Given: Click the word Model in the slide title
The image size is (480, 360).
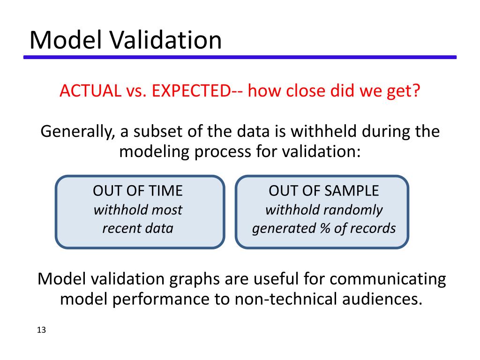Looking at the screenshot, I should tap(65, 40).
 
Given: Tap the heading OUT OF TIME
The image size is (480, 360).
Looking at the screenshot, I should tap(138, 191).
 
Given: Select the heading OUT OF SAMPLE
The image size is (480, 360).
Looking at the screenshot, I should tap(323, 191).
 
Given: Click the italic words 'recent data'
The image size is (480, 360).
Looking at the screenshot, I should tap(138, 228).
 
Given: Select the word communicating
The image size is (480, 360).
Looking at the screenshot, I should tap(388, 279).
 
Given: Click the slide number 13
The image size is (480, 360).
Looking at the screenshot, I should tap(41, 330).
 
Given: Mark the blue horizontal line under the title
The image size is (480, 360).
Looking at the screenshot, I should tap(240, 57).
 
